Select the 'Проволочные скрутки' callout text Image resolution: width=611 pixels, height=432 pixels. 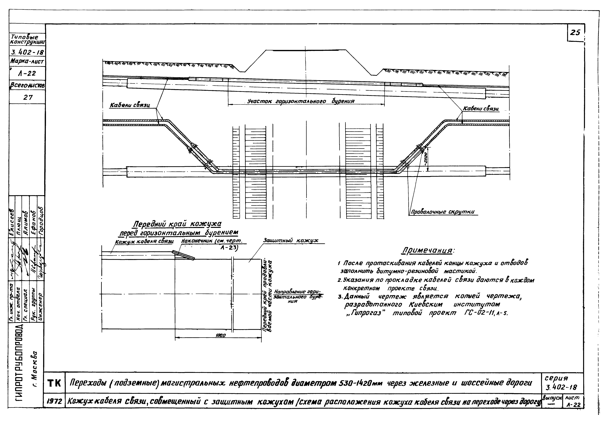pos(443,212)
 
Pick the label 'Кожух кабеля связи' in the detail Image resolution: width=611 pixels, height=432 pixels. pos(144,242)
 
